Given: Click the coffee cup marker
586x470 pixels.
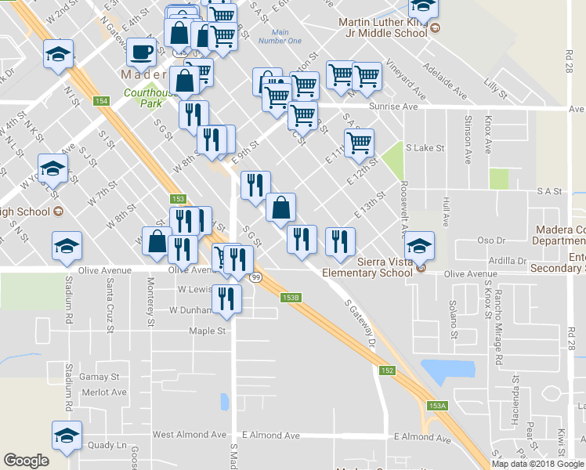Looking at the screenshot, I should point(141,52).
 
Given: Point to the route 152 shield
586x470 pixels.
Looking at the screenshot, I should point(388,371).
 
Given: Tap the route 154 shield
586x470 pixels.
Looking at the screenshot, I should point(100,102).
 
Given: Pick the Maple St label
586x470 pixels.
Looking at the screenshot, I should point(207,331).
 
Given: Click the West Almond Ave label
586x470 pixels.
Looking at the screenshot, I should point(185,435).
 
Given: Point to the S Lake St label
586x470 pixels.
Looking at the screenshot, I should point(425,147).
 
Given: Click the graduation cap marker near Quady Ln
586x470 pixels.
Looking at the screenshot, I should point(67,436).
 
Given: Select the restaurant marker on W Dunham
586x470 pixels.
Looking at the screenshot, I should point(227,299).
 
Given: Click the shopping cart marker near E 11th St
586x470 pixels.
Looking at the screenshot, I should point(359,143).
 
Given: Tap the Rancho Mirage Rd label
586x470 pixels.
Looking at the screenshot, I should point(497,333).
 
